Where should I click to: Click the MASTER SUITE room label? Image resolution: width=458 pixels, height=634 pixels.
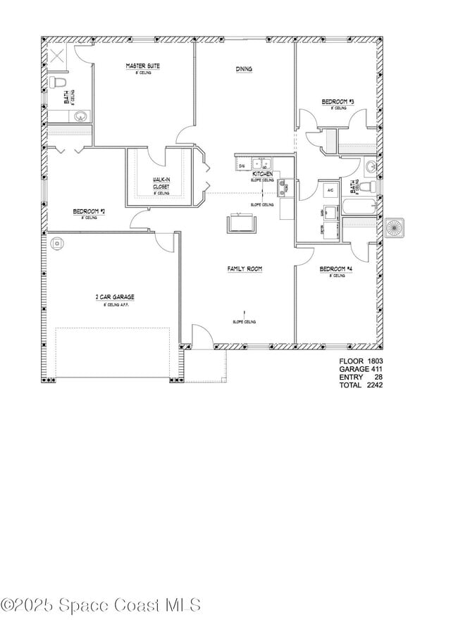(142, 66)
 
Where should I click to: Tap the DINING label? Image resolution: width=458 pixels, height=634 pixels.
(244, 69)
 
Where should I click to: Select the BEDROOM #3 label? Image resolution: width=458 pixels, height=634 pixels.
(338, 102)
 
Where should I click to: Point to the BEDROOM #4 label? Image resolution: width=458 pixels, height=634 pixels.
(335, 269)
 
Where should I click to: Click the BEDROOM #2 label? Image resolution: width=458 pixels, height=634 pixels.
(89, 211)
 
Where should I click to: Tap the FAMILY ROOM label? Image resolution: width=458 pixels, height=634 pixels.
(245, 268)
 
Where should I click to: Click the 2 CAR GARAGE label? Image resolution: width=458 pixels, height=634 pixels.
(115, 297)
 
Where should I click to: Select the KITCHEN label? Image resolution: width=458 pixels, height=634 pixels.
(263, 173)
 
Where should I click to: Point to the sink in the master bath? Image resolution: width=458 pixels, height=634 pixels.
(82, 116)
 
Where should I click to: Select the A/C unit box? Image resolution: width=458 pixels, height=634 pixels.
(329, 189)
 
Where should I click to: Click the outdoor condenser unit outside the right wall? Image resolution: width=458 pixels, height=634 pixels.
(394, 227)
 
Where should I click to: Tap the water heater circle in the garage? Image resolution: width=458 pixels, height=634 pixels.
(56, 244)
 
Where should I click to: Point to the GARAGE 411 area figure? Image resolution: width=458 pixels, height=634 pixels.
(361, 368)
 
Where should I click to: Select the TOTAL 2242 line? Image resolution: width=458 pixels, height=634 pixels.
(361, 385)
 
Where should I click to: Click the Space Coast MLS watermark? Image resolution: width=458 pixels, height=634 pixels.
(101, 605)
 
